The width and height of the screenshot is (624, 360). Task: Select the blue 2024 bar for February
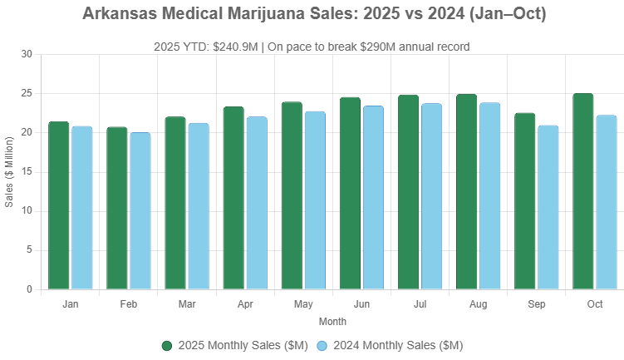[x=140, y=211]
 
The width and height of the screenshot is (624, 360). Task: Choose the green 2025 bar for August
[x=467, y=192]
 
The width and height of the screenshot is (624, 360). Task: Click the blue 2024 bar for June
[x=373, y=198]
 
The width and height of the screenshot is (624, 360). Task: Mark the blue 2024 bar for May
[x=315, y=200]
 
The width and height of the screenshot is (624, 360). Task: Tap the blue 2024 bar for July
[x=431, y=196]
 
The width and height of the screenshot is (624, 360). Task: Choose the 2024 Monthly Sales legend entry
[x=391, y=345]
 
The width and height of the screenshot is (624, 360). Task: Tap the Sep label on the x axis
[x=537, y=304]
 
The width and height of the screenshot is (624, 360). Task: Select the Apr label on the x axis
[x=245, y=304]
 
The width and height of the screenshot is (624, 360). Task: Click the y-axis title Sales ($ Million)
[x=9, y=172]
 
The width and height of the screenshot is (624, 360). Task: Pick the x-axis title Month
[x=332, y=321]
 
